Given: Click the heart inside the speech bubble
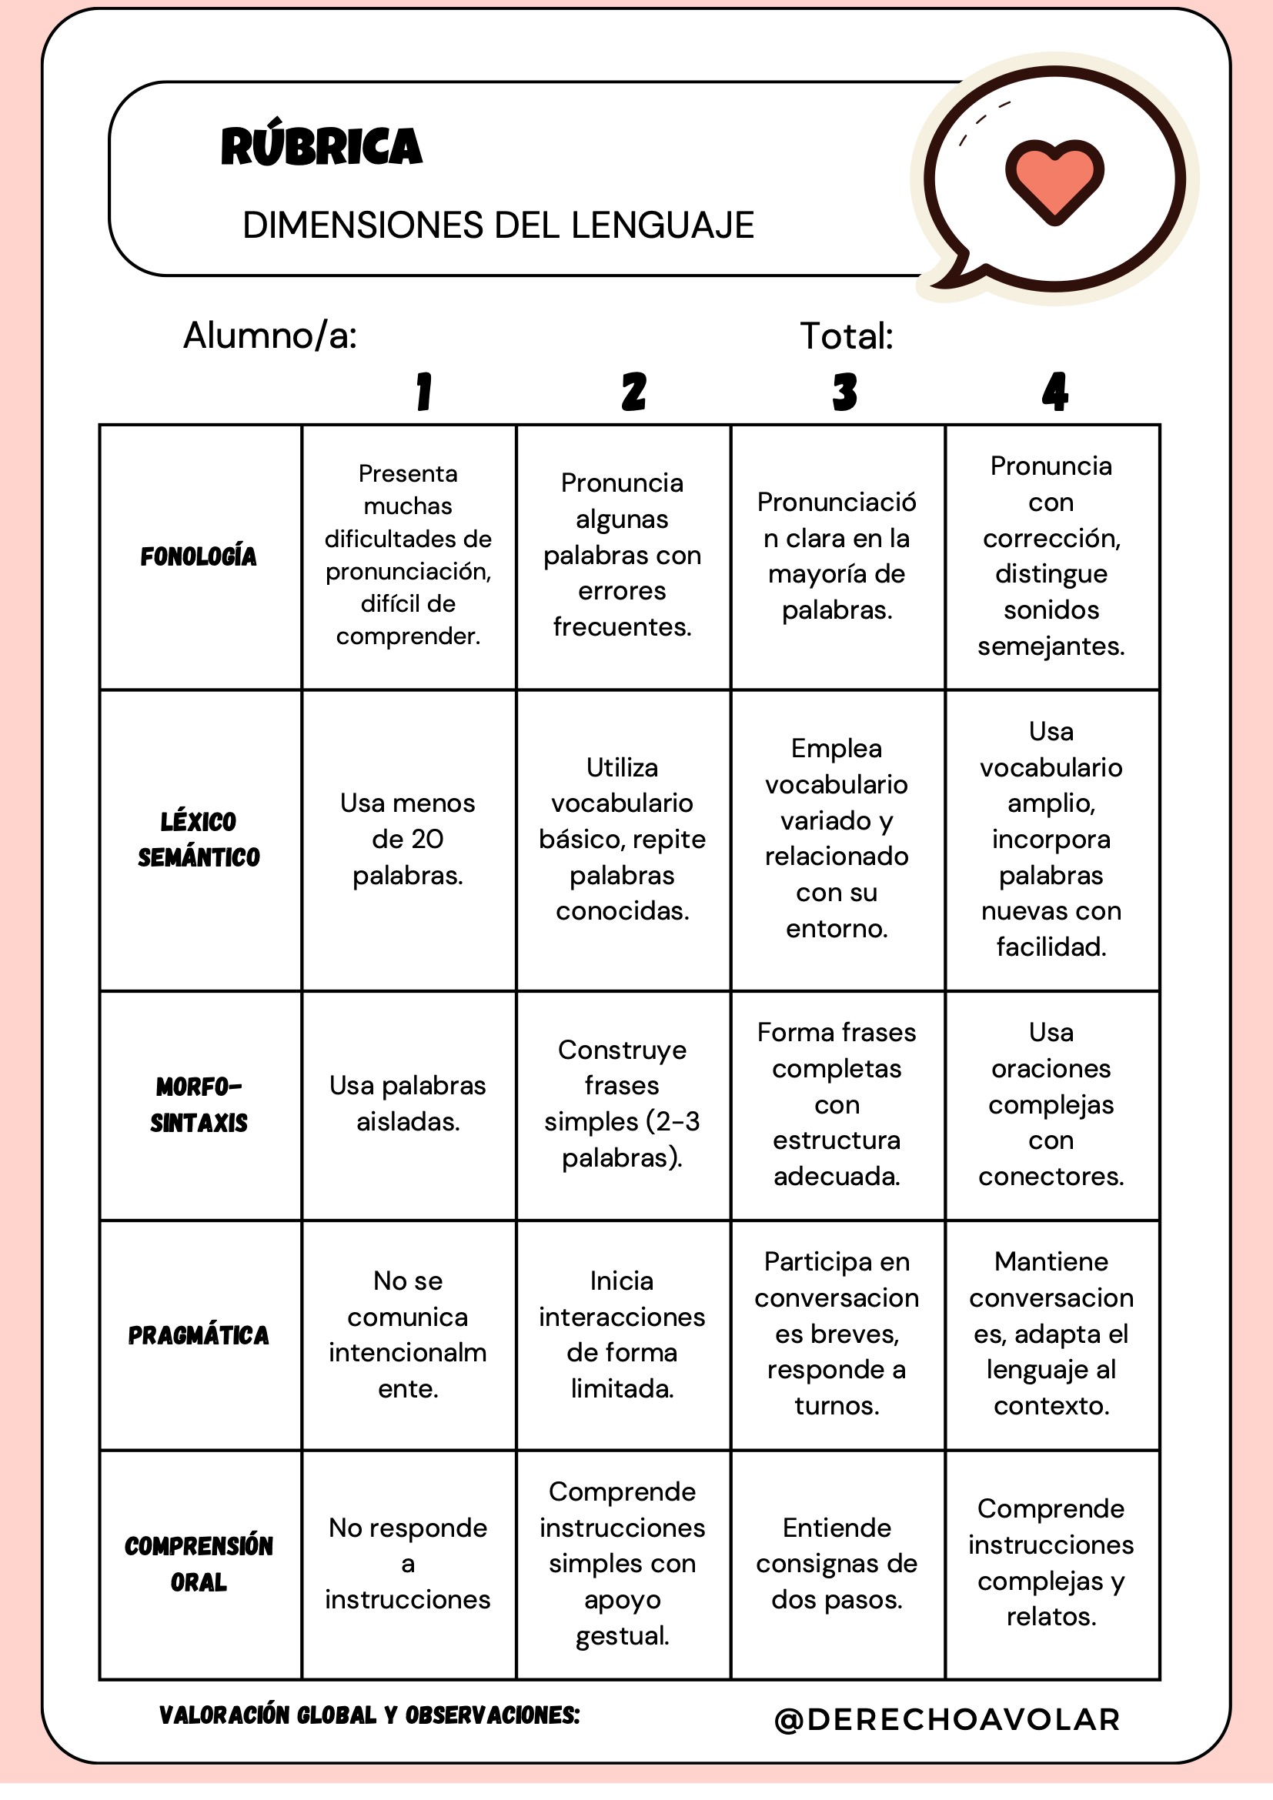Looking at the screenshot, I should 1054,179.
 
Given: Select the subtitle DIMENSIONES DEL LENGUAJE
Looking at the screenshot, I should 498,225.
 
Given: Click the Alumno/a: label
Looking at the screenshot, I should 269,336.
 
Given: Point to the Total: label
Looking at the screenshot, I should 846,336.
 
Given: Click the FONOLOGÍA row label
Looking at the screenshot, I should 199,556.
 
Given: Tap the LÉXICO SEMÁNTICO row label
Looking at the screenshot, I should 199,840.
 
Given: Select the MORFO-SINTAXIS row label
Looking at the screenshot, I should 199,1104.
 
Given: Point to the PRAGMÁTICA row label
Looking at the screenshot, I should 199,1335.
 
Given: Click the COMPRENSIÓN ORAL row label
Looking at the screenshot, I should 199,1564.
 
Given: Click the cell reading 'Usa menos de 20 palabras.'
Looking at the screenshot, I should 408,839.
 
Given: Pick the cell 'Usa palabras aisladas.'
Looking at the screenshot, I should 408,1104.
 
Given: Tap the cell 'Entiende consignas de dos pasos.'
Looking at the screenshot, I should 837,1563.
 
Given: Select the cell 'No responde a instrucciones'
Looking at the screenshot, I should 408,1563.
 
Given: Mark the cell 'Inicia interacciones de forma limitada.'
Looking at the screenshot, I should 622,1334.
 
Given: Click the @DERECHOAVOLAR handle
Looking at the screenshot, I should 947,1719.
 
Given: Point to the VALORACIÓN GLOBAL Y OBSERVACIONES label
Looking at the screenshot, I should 369,1715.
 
